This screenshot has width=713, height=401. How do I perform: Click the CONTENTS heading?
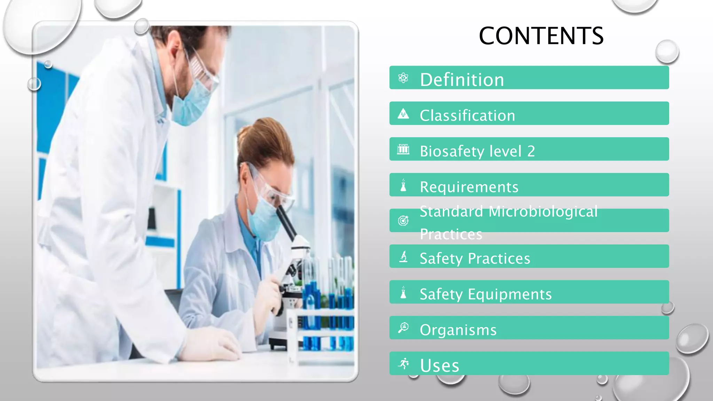point(541,36)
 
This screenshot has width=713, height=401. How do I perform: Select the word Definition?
point(462,80)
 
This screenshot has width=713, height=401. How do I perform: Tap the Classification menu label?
point(467,116)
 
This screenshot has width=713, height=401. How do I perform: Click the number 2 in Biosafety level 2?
point(531,151)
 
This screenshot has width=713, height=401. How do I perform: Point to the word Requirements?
point(469,187)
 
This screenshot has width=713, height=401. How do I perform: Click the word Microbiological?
point(543,212)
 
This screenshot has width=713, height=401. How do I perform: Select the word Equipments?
point(510,294)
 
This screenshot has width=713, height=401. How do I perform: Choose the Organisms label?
point(458,330)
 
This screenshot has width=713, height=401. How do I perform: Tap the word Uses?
point(439,365)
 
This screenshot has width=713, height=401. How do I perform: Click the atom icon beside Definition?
point(403,78)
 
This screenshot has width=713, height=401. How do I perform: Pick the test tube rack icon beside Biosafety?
point(403,149)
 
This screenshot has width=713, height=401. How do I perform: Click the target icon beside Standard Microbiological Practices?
point(403,221)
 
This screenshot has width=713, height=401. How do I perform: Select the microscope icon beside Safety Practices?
point(403,257)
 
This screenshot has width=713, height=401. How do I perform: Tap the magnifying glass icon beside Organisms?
point(403,328)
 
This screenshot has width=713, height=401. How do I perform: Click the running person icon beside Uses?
point(403,363)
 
